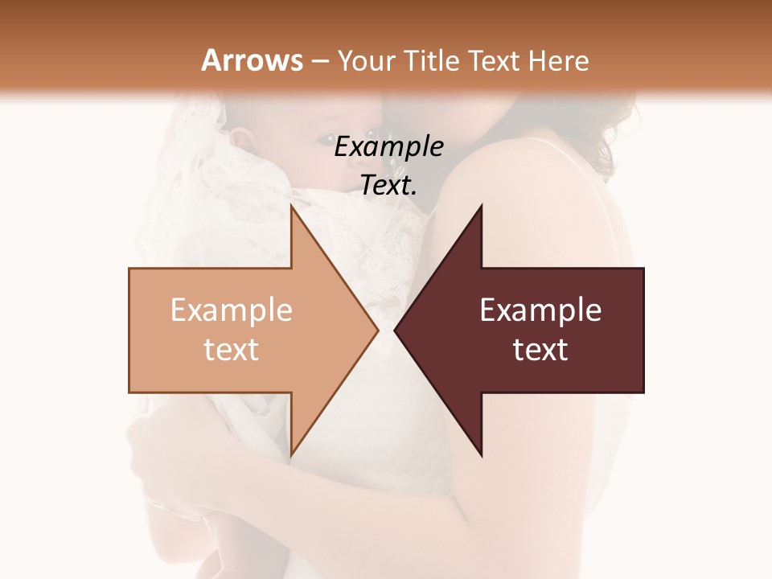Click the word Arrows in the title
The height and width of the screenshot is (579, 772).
click(253, 60)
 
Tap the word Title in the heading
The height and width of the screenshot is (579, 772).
click(432, 60)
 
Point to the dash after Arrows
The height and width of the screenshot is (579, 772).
click(320, 61)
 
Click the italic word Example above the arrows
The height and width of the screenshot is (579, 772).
click(388, 147)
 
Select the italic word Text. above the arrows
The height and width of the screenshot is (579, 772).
click(388, 185)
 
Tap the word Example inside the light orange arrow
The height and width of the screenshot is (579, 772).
click(231, 310)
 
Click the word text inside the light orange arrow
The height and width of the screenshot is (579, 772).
click(231, 350)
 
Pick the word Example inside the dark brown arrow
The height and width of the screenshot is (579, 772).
click(540, 310)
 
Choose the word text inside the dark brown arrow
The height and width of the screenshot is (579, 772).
click(540, 350)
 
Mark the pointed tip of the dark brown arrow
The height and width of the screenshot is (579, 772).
click(396, 330)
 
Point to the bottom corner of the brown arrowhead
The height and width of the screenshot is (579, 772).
click(481, 455)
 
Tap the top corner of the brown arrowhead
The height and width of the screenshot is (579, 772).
click(481, 206)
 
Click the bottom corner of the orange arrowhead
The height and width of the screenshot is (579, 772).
click(291, 455)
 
